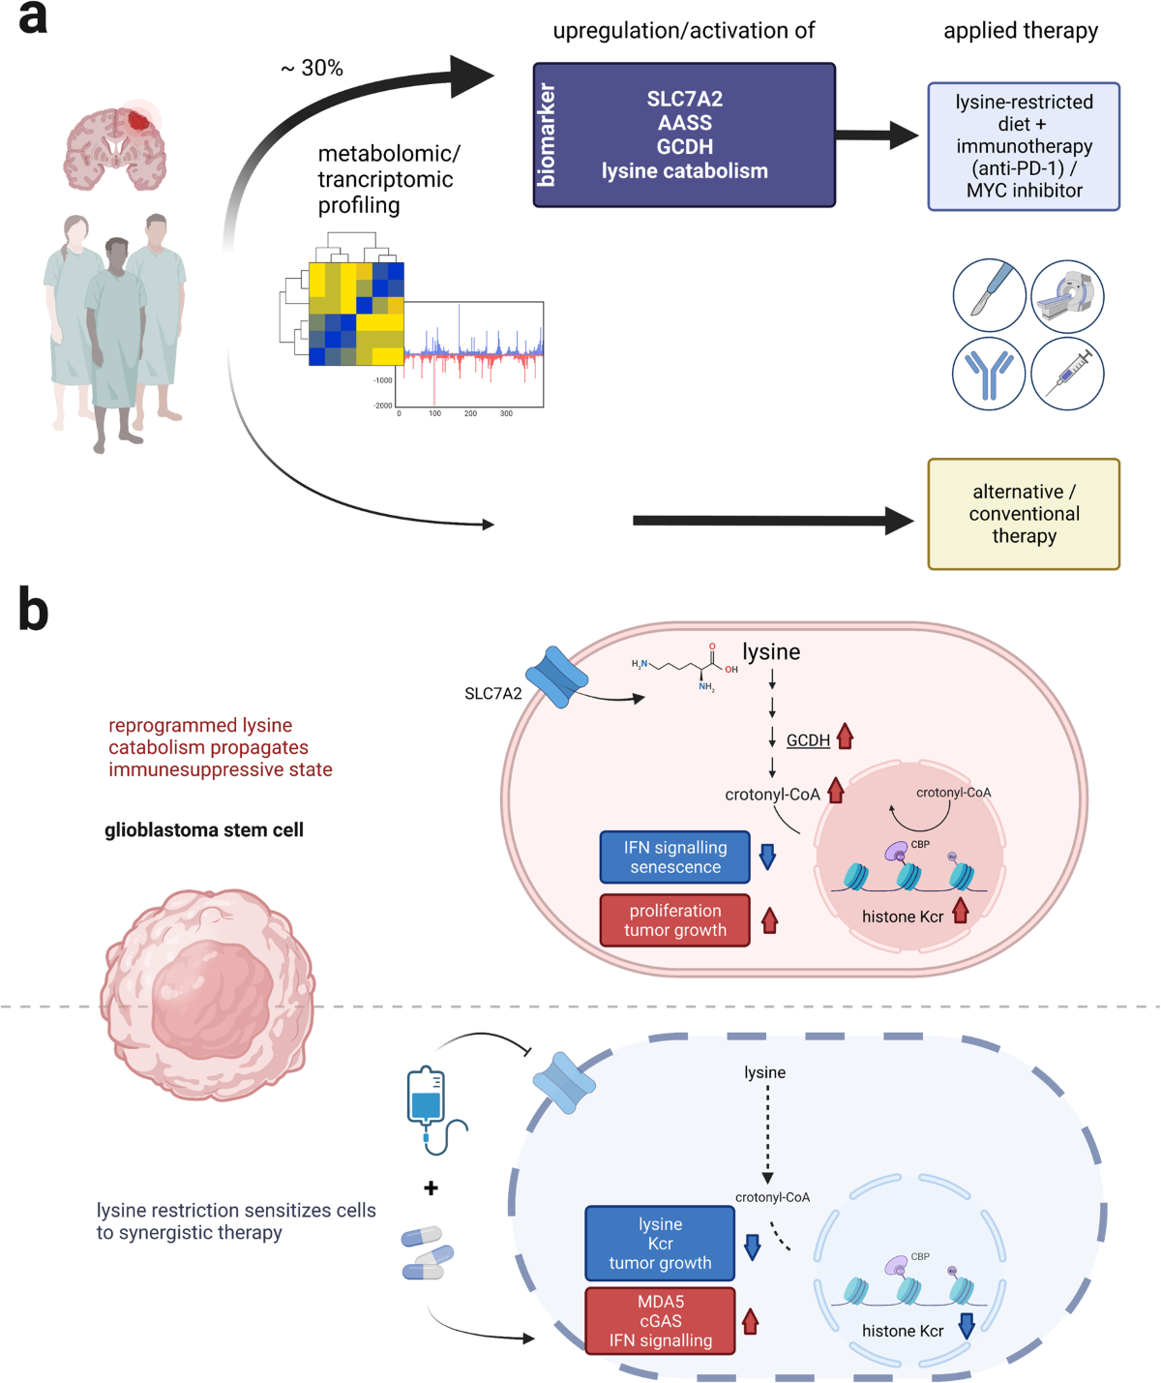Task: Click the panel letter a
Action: point(32,18)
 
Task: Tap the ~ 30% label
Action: point(312,69)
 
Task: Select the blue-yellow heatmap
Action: point(356,314)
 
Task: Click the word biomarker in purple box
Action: point(548,135)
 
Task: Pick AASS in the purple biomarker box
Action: point(685,123)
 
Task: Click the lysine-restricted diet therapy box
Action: point(1024,147)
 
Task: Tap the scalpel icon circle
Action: point(989,295)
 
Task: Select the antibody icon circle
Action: point(989,374)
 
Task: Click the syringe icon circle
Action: point(1067,374)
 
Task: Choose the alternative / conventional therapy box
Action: point(1024,514)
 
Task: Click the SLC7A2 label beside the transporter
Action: point(492,694)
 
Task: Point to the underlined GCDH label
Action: point(808,740)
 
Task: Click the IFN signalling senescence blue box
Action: point(675,857)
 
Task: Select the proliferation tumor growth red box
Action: point(675,920)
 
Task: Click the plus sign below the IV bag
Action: point(431,1188)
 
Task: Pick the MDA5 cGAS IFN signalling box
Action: point(660,1321)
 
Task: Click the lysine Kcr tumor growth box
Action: point(660,1244)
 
